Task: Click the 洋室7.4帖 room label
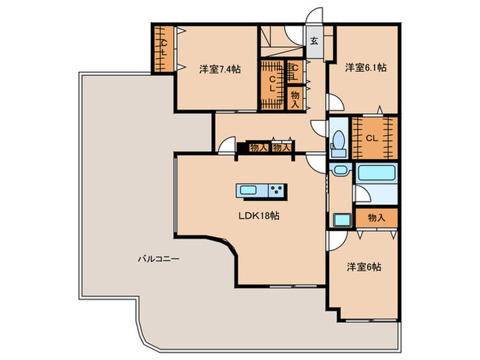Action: (x=220, y=69)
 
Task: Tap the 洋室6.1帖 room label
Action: (x=365, y=67)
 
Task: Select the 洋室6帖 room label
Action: (x=364, y=267)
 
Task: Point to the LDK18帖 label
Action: (x=259, y=216)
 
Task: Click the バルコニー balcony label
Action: (x=158, y=259)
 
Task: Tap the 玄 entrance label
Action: (x=314, y=40)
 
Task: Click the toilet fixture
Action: (x=338, y=143)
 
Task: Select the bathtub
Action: (x=376, y=173)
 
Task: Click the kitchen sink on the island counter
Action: (x=248, y=191)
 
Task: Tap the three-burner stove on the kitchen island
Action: (x=278, y=191)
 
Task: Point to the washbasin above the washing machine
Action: (x=340, y=169)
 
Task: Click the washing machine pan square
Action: (x=341, y=220)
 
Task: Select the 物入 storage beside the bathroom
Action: (x=376, y=218)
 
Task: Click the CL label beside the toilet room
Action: (x=372, y=139)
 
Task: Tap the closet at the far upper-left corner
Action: (x=164, y=49)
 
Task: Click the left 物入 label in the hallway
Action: (x=259, y=148)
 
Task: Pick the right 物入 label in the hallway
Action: (x=282, y=148)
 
